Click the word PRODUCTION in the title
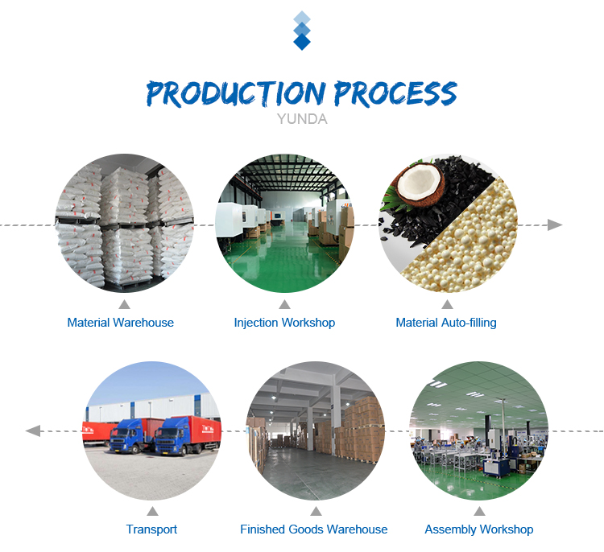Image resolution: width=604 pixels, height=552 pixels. pyautogui.click(x=236, y=93)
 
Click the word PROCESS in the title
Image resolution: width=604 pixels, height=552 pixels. pyautogui.click(x=395, y=93)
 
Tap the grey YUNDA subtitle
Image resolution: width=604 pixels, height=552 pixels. pyautogui.click(x=302, y=119)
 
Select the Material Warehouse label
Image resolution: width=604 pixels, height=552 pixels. pyautogui.click(x=120, y=323)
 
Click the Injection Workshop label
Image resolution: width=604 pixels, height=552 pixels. pyautogui.click(x=284, y=323)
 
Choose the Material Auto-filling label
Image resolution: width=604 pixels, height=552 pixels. pyautogui.click(x=446, y=323)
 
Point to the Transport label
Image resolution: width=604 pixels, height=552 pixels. pyautogui.click(x=151, y=529)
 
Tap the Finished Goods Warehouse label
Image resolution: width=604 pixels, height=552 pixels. pyautogui.click(x=313, y=529)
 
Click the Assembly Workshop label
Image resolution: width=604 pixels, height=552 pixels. pyautogui.click(x=479, y=529)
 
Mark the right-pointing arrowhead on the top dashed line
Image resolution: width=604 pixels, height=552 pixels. pyautogui.click(x=555, y=225)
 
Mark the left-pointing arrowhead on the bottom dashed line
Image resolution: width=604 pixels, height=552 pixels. pyautogui.click(x=33, y=430)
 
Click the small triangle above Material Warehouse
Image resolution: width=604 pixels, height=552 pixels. pyautogui.click(x=124, y=304)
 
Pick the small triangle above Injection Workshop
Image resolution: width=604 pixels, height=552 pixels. pyautogui.click(x=284, y=304)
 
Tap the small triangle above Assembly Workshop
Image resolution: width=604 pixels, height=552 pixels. pyautogui.click(x=480, y=511)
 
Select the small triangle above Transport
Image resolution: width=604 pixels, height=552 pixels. pyautogui.click(x=152, y=511)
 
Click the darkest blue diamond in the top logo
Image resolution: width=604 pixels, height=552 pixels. pyautogui.click(x=302, y=42)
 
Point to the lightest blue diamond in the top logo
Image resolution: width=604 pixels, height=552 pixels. pyautogui.click(x=302, y=17)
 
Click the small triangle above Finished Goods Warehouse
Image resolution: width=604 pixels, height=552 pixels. pyautogui.click(x=316, y=511)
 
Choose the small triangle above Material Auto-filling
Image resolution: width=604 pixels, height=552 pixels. pyautogui.click(x=447, y=304)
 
